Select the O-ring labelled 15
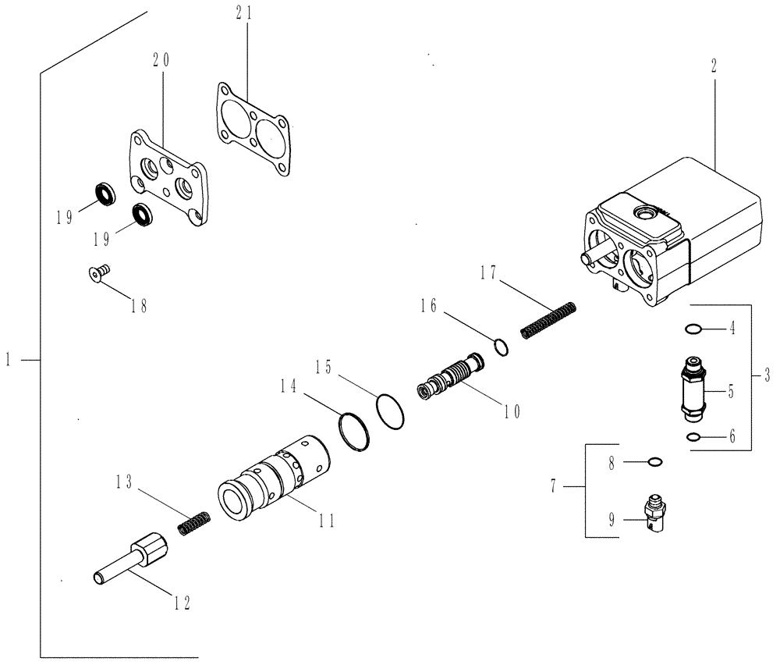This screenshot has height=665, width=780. pyautogui.click(x=390, y=410)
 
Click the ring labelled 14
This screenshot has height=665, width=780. pyautogui.click(x=355, y=432)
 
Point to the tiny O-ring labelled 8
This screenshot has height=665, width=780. pyautogui.click(x=655, y=461)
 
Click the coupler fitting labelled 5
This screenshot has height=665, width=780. pyautogui.click(x=691, y=387)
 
